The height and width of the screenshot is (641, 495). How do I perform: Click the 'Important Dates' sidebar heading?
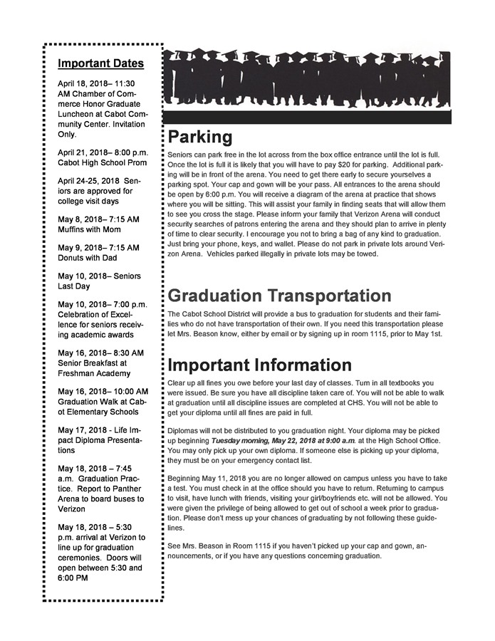pos(100,63)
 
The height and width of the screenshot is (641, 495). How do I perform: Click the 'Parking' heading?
pos(200,137)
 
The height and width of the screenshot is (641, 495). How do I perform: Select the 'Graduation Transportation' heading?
pos(279,296)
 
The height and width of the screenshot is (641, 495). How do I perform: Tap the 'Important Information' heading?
pos(259,365)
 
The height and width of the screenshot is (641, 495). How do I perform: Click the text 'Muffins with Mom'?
pos(89,229)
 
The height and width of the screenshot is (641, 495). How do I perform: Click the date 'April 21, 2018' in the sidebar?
pos(83,152)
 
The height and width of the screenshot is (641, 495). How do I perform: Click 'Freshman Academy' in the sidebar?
pos(94,373)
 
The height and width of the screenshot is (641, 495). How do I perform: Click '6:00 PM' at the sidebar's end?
pos(73,578)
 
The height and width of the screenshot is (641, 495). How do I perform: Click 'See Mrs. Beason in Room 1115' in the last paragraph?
pos(226,546)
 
